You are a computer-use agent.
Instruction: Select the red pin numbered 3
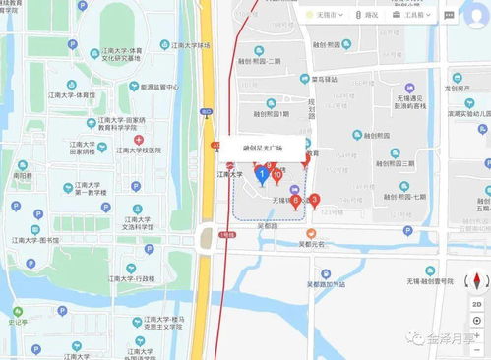(x=315, y=200)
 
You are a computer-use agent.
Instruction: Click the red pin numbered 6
(x=296, y=203)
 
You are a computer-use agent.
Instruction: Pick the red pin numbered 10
(x=277, y=177)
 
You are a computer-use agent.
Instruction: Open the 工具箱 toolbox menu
(x=413, y=15)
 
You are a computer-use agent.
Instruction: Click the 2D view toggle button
(x=477, y=305)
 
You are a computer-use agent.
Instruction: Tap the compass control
(x=477, y=280)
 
